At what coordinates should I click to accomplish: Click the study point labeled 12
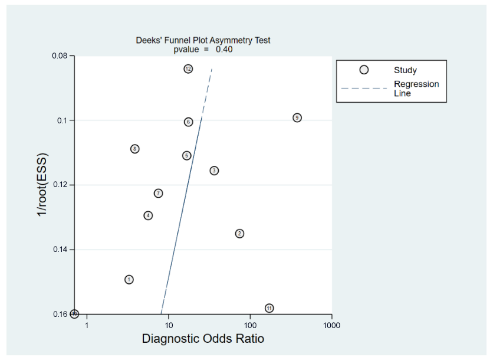(x=188, y=69)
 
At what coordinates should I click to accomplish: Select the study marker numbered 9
(x=297, y=117)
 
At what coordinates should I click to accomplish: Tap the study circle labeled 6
(x=188, y=122)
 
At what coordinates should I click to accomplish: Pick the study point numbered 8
(x=135, y=149)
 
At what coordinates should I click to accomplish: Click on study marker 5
(x=186, y=156)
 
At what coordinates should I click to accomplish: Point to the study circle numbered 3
(x=214, y=171)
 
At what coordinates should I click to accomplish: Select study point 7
(x=158, y=194)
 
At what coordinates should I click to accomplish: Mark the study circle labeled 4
(x=148, y=215)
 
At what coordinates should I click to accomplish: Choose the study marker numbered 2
(x=239, y=234)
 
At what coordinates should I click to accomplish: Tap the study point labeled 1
(x=129, y=279)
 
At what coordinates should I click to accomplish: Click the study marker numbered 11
(x=269, y=308)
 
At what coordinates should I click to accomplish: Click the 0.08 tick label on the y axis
(x=60, y=56)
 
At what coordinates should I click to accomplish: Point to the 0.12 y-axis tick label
(x=60, y=185)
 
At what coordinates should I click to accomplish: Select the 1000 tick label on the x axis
(x=331, y=325)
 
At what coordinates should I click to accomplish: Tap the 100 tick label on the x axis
(x=250, y=325)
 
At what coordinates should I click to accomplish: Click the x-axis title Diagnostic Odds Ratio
(x=203, y=339)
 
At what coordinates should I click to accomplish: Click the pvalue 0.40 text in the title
(x=203, y=49)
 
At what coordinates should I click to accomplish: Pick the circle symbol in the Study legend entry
(x=364, y=70)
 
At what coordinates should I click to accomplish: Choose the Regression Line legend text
(x=416, y=89)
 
